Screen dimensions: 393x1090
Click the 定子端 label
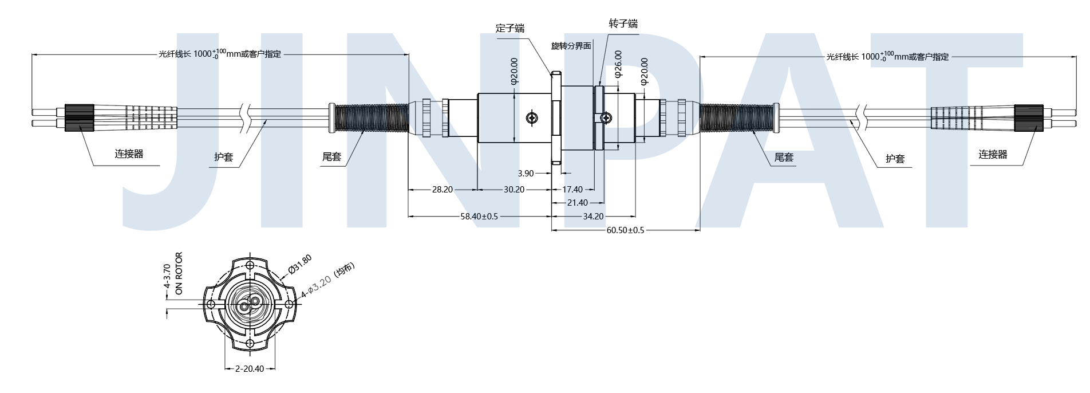point(510,28)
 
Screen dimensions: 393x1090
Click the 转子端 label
point(623,23)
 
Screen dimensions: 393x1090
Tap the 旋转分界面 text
point(571,46)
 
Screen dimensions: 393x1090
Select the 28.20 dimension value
point(442,189)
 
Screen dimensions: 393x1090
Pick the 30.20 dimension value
point(514,189)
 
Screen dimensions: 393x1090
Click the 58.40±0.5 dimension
point(479,216)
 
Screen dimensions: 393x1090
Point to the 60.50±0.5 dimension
point(625,230)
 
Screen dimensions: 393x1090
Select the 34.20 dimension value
point(593,216)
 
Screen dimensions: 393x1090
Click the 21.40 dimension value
point(577,202)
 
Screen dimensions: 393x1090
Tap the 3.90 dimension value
point(526,173)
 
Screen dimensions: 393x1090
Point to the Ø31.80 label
point(300,265)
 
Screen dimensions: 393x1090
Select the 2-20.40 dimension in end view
point(250,368)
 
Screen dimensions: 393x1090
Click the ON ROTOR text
point(179,273)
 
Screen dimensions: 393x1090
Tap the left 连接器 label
point(129,154)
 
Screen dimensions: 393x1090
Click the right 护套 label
point(895,159)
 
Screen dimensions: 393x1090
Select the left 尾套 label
point(331,156)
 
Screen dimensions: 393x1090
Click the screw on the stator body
point(532,118)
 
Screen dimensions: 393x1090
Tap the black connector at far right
point(1028,118)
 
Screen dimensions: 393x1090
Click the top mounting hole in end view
point(250,266)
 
